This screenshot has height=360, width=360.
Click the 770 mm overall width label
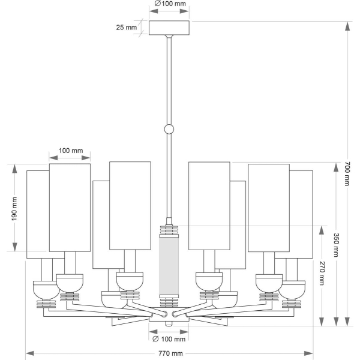pos(170,353)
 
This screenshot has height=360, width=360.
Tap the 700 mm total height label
pos(347,173)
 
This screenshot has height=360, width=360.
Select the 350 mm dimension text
pos(336,245)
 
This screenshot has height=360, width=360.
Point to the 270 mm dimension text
pos(322,273)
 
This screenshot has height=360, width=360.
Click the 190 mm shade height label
pos(14,209)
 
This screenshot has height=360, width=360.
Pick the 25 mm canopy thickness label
pos(126,28)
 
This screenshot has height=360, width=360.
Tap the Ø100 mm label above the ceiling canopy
pos(170,4)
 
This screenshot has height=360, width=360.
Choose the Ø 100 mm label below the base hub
pos(169,339)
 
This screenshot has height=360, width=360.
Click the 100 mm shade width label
pos(71,151)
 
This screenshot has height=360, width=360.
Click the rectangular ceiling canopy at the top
pos(169,28)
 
